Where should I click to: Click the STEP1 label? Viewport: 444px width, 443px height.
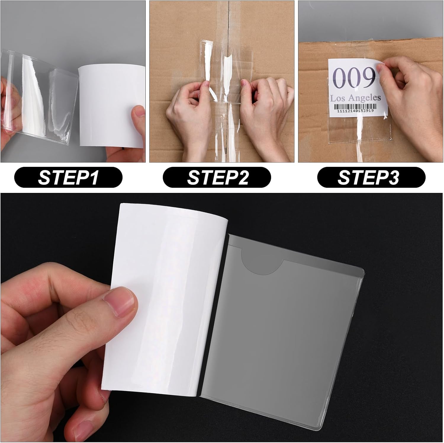68,177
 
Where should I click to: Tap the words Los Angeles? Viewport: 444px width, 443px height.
355,98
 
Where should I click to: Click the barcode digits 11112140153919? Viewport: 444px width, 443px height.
355,111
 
